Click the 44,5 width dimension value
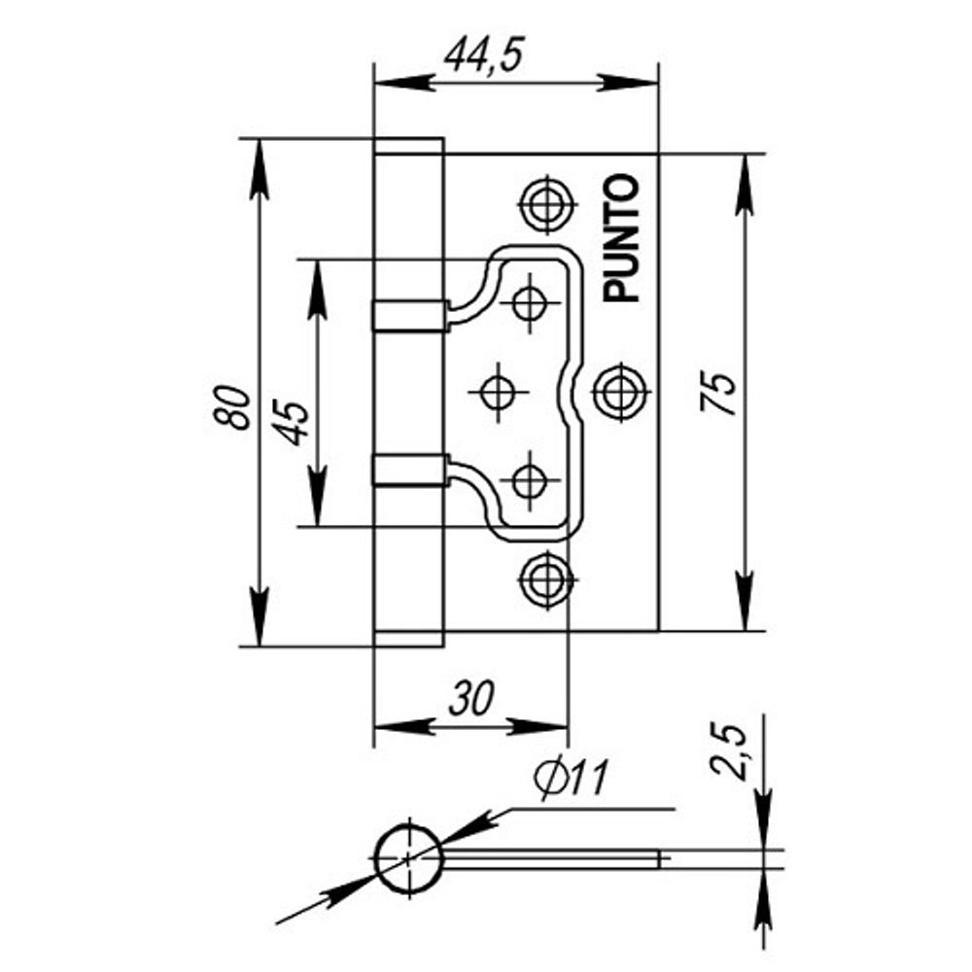click(x=483, y=56)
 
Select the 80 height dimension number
click(x=233, y=406)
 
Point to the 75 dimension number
click(x=720, y=394)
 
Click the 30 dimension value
click(x=469, y=696)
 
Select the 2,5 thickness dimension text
click(x=730, y=750)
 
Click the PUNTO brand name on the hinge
click(x=622, y=238)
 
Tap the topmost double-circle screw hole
click(x=545, y=203)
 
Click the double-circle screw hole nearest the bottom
click(x=545, y=580)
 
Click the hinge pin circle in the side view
click(x=409, y=856)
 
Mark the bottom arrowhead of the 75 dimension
click(x=745, y=607)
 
